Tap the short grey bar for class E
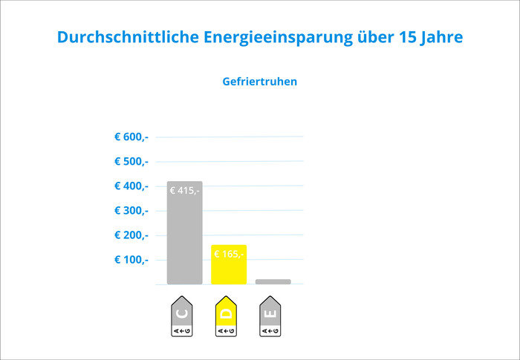tap(273, 282)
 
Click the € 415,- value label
tap(185, 191)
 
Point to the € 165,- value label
tap(229, 254)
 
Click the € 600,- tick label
tap(131, 137)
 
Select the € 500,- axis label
tap(131, 161)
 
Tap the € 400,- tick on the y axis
tap(131, 186)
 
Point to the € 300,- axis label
tap(131, 210)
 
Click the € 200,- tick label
tap(131, 235)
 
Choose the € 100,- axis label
tap(131, 260)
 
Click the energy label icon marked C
tap(182, 318)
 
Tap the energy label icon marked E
tap(271, 318)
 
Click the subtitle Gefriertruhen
tap(259, 82)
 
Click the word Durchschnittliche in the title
tap(127, 37)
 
